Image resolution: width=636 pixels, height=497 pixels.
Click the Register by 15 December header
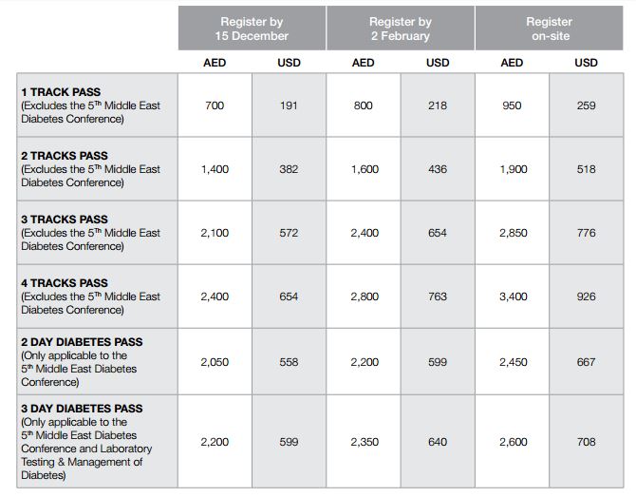pyautogui.click(x=252, y=29)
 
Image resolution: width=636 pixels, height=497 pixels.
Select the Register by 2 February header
pyautogui.click(x=400, y=29)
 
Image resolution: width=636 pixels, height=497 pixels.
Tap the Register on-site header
pyautogui.click(x=549, y=29)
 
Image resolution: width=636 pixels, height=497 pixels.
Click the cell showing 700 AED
pyautogui.click(x=215, y=105)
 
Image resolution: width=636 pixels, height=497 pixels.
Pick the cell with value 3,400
pyautogui.click(x=512, y=296)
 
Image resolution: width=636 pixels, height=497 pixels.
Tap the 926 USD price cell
pyautogui.click(x=587, y=296)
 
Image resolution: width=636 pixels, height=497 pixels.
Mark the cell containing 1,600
pyautogui.click(x=364, y=169)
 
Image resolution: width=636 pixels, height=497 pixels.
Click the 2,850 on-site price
pyautogui.click(x=512, y=233)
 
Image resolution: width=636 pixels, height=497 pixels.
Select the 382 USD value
pyautogui.click(x=289, y=169)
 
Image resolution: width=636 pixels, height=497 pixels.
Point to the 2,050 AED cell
pyautogui.click(x=215, y=362)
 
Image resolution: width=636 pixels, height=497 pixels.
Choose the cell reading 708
pyautogui.click(x=587, y=442)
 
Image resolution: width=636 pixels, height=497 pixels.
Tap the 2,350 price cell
pyautogui.click(x=364, y=442)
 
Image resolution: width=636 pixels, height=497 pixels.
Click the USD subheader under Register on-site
pyautogui.click(x=587, y=63)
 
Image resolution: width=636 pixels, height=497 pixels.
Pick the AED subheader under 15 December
pyautogui.click(x=215, y=63)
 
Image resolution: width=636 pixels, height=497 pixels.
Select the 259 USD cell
pyautogui.click(x=587, y=105)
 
